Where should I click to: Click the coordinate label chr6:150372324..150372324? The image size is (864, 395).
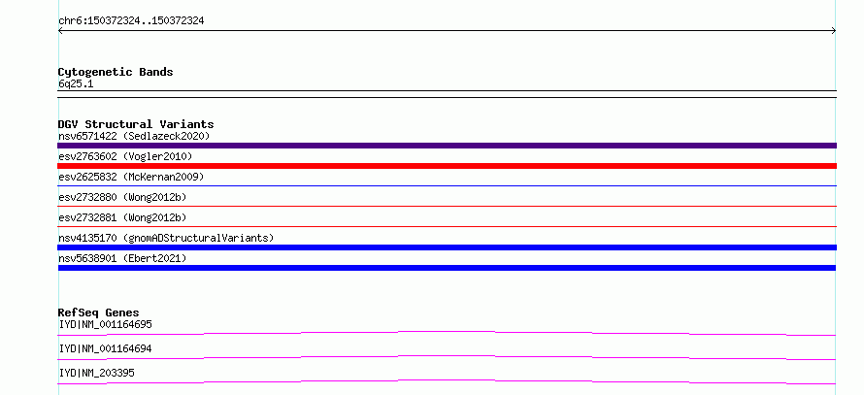pyautogui.click(x=131, y=21)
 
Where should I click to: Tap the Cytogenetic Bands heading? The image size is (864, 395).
pyautogui.click(x=116, y=72)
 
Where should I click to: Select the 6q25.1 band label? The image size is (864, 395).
pyautogui.click(x=76, y=84)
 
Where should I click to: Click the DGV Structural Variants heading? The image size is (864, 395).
pyautogui.click(x=136, y=124)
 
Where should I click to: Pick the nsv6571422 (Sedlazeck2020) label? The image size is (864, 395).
pyautogui.click(x=134, y=136)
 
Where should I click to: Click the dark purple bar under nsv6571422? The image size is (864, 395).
pyautogui.click(x=447, y=146)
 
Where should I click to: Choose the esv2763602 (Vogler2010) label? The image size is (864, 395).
pyautogui.click(x=125, y=157)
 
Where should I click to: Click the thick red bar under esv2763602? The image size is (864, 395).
pyautogui.click(x=447, y=166)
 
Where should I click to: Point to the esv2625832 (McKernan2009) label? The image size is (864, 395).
pyautogui.click(x=131, y=177)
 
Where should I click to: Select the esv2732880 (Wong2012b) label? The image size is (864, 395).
pyautogui.click(x=122, y=197)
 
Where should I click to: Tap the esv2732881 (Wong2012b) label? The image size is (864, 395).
pyautogui.click(x=122, y=217)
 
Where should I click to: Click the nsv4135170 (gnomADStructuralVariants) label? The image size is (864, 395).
pyautogui.click(x=166, y=238)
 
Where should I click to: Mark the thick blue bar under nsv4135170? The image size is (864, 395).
pyautogui.click(x=447, y=247)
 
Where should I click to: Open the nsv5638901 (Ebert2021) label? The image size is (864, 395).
pyautogui.click(x=122, y=258)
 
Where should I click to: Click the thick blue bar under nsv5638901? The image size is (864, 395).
pyautogui.click(x=447, y=268)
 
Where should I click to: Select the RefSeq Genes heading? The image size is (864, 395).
pyautogui.click(x=99, y=313)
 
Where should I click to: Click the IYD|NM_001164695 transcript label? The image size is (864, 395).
pyautogui.click(x=105, y=324)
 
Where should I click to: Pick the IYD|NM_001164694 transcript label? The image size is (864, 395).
pyautogui.click(x=105, y=348)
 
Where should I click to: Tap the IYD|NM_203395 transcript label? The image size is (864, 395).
pyautogui.click(x=96, y=373)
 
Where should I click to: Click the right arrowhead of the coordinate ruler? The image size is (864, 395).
pyautogui.click(x=835, y=31)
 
